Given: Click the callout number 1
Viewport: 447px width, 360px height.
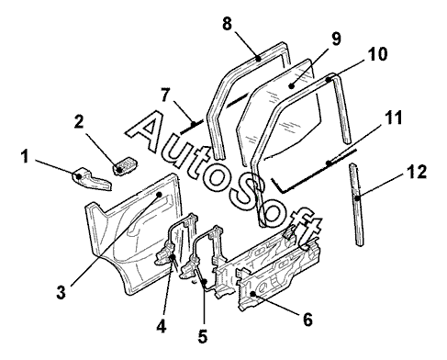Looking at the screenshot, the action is (x=25, y=157).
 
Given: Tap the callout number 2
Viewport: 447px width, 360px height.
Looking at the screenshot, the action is (x=79, y=122).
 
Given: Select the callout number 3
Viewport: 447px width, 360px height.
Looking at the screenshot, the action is (x=61, y=292).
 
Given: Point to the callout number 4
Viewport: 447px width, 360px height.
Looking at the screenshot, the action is (x=162, y=326).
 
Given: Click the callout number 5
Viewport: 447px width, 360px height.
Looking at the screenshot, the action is (x=203, y=336).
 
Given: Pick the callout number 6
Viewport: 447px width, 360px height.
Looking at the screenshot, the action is (x=307, y=320).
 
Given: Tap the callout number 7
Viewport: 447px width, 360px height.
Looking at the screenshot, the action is (x=165, y=95).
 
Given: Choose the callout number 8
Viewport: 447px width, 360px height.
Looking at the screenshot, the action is (x=227, y=24).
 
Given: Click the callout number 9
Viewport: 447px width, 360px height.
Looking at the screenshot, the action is (x=336, y=39).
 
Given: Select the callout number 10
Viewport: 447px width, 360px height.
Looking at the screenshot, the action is (x=377, y=54).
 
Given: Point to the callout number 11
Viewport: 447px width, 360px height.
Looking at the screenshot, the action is (x=393, y=118).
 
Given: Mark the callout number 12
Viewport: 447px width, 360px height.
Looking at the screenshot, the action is (x=417, y=172).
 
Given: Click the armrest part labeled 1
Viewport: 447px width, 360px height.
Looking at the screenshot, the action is (x=92, y=179).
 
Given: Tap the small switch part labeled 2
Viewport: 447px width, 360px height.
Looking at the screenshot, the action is (x=125, y=166).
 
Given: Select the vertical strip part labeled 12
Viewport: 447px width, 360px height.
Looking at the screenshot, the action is (x=357, y=205).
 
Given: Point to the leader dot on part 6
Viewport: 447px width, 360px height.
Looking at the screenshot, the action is (x=252, y=294).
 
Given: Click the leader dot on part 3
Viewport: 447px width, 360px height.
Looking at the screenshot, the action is (x=159, y=195).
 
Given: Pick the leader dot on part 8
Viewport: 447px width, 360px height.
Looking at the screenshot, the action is (x=259, y=58).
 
